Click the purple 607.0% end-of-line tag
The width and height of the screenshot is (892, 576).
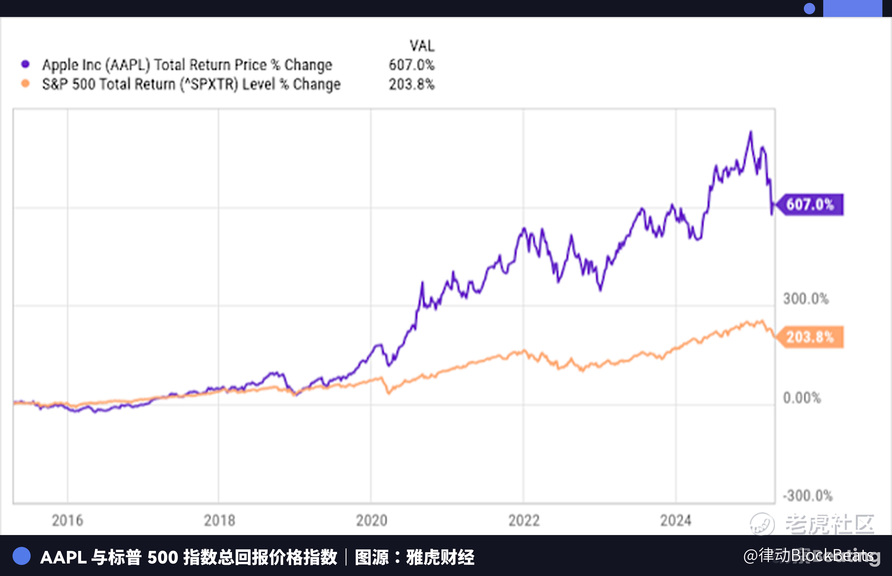click(810, 205)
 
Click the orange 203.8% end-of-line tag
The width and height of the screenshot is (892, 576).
click(810, 337)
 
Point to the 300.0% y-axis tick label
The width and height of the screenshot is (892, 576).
click(806, 299)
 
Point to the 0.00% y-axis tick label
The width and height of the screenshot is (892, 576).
click(802, 398)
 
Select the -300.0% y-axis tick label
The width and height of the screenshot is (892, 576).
click(807, 496)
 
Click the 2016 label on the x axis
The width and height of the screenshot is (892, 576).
click(67, 520)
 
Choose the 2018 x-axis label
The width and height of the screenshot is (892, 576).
click(219, 520)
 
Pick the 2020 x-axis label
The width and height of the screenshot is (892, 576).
click(372, 520)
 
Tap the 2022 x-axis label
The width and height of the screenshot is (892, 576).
click(524, 520)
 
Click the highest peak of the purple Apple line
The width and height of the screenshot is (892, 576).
click(750, 132)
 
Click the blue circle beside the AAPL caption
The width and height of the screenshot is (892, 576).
click(21, 556)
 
